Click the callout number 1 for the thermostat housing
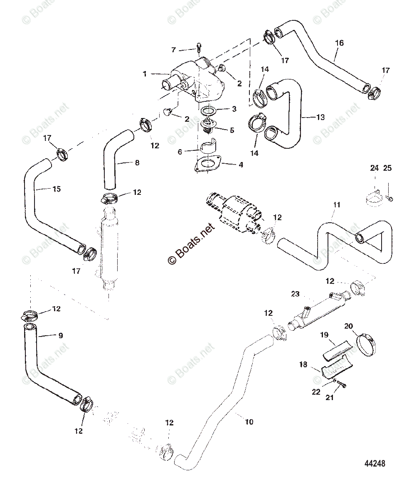click(x=145, y=74)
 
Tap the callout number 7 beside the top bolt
click(x=174, y=50)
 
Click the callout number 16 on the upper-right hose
click(x=339, y=43)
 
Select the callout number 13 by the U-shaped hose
click(x=320, y=117)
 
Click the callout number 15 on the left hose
click(x=57, y=189)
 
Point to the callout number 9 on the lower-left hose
click(x=61, y=335)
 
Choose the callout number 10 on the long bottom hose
click(x=249, y=422)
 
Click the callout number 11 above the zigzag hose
click(x=337, y=204)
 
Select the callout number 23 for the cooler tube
click(x=295, y=294)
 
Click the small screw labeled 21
click(x=340, y=385)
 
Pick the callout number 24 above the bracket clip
click(x=375, y=168)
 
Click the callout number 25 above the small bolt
click(x=387, y=168)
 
